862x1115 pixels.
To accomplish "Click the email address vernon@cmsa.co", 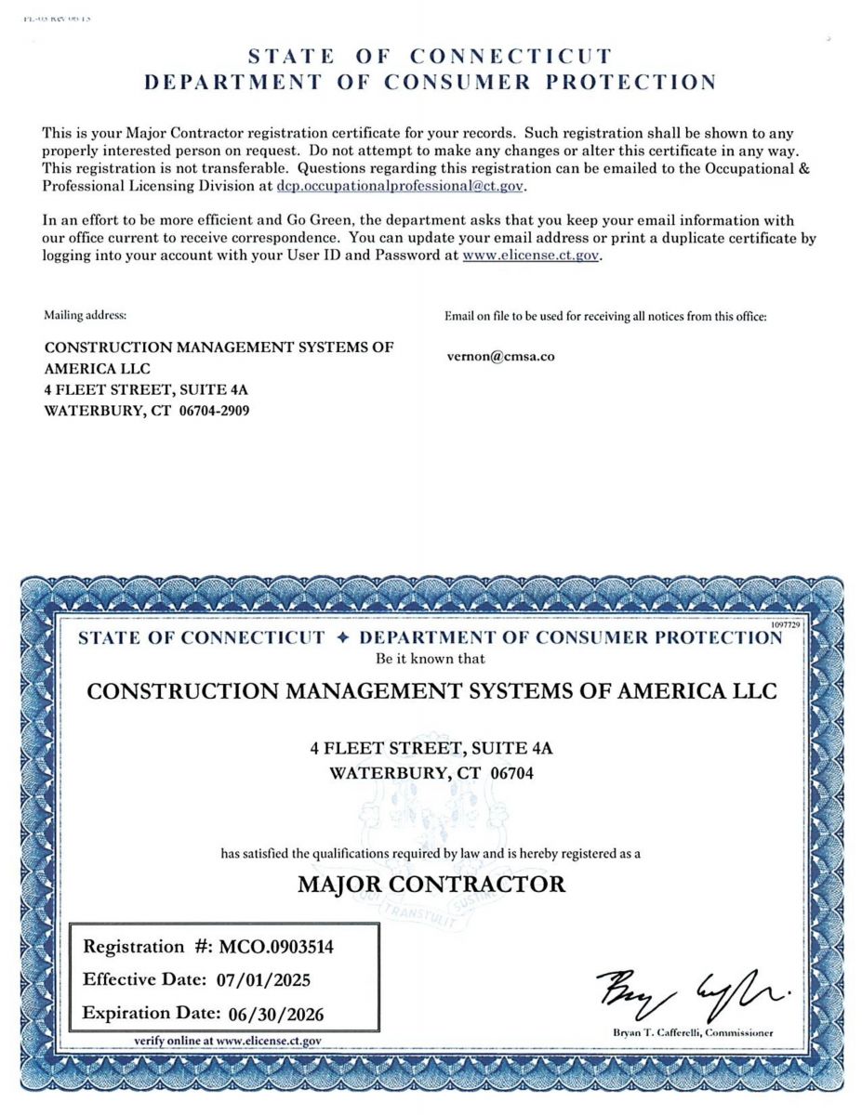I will (x=500, y=356).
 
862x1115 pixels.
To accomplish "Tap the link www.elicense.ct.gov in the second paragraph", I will (x=531, y=256).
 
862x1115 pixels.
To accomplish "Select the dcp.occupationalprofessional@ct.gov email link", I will (x=401, y=186).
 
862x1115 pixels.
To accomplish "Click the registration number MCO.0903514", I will (x=276, y=947).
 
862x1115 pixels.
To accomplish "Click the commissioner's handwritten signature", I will (x=692, y=991).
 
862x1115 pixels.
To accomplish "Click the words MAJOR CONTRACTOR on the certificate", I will (x=431, y=884).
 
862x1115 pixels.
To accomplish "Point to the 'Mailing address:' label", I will (x=86, y=316).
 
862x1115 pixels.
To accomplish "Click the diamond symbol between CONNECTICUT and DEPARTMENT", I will (x=342, y=638).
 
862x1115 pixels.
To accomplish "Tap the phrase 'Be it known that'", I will (x=430, y=659).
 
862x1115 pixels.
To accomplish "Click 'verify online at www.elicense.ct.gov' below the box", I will (x=228, y=1042).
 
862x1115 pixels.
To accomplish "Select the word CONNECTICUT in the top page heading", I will (x=511, y=57).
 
